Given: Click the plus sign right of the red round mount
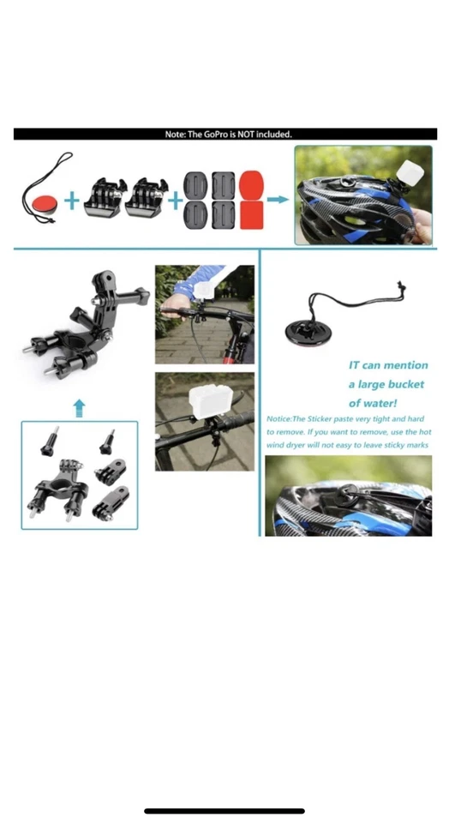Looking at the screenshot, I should click(72, 202).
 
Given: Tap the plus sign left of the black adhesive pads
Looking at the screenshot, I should click(174, 202).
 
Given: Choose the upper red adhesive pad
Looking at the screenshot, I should click(251, 183).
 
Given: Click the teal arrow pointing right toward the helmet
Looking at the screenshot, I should click(278, 200).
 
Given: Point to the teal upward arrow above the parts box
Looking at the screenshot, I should click(79, 406).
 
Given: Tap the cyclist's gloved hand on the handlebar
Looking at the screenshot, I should click(175, 306).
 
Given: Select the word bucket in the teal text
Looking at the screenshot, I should click(403, 384).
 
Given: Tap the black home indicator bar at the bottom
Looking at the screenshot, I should click(224, 810).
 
